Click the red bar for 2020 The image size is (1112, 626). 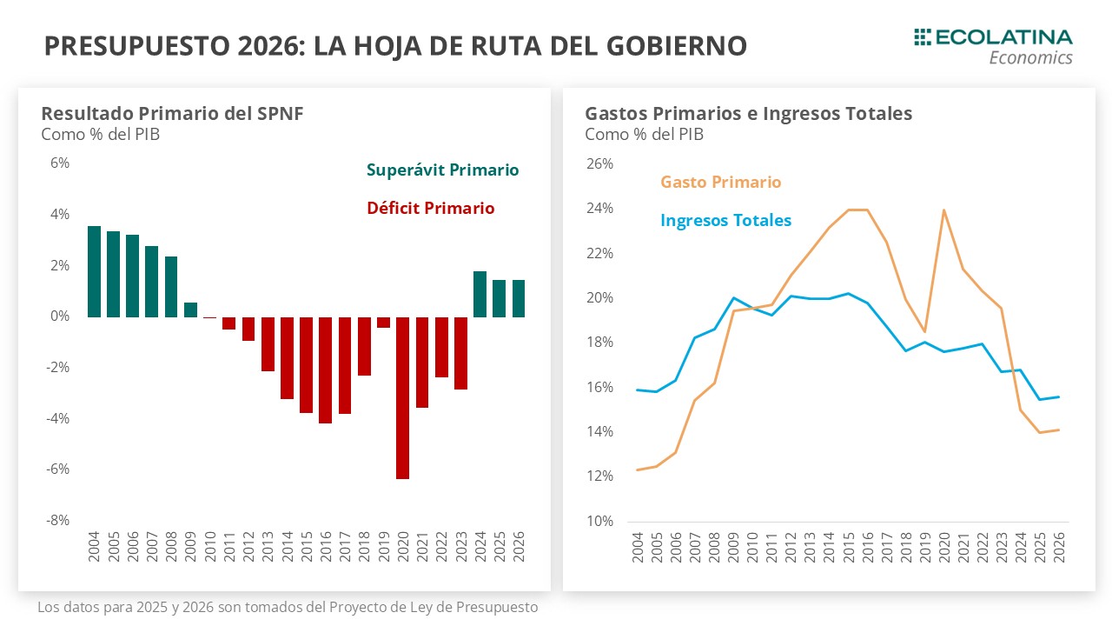[403, 397]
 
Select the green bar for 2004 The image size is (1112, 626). [94, 271]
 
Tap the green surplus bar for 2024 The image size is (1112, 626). [480, 294]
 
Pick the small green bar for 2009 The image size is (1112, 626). [190, 310]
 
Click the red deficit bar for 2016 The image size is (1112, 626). [326, 370]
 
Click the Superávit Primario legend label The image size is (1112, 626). [442, 170]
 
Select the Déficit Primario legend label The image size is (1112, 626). [430, 208]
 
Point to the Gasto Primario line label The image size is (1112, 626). [720, 182]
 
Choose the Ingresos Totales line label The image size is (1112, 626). [725, 220]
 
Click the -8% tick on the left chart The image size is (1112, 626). [58, 520]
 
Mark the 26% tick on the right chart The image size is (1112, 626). [601, 163]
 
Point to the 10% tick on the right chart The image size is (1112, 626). [601, 521]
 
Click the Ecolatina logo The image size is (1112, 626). [992, 45]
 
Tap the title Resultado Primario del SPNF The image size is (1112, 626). [172, 113]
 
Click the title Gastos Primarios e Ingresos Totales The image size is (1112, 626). [748, 113]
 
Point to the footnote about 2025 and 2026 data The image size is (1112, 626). [288, 607]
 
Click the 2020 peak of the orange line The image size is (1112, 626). [943, 210]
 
